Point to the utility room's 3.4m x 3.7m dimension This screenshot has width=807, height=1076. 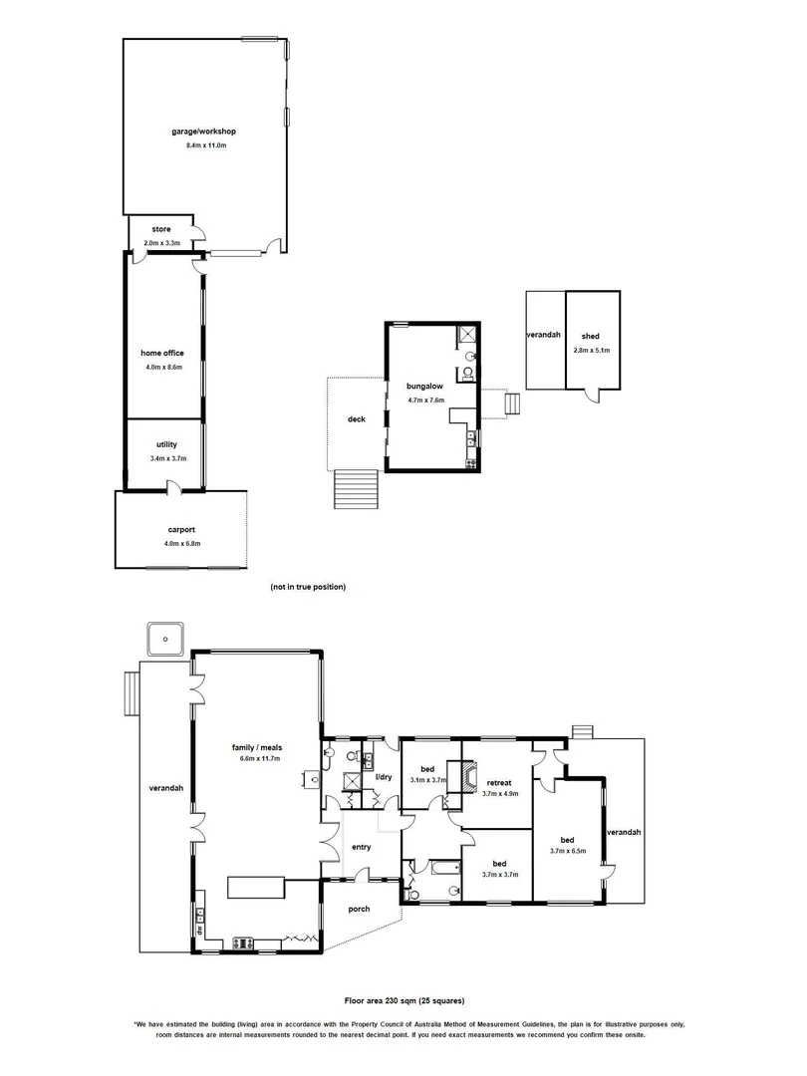click(x=165, y=458)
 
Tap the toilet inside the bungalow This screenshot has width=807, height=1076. click(x=463, y=375)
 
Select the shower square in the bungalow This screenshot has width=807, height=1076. click(x=468, y=335)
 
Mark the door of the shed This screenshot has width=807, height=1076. click(x=593, y=397)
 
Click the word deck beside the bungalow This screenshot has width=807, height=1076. click(x=356, y=419)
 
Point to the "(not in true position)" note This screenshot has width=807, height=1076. click(x=308, y=587)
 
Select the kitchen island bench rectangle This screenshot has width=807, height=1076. click(x=257, y=887)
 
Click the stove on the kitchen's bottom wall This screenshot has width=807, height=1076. click(x=243, y=942)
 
